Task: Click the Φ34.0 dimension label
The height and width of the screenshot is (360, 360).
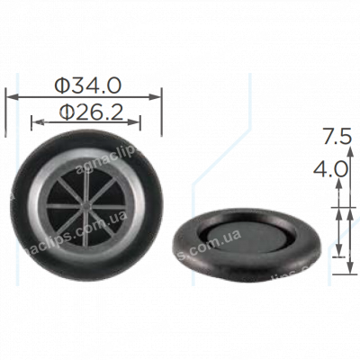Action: point(87,85)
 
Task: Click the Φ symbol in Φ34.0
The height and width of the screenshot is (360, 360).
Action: point(62,85)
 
